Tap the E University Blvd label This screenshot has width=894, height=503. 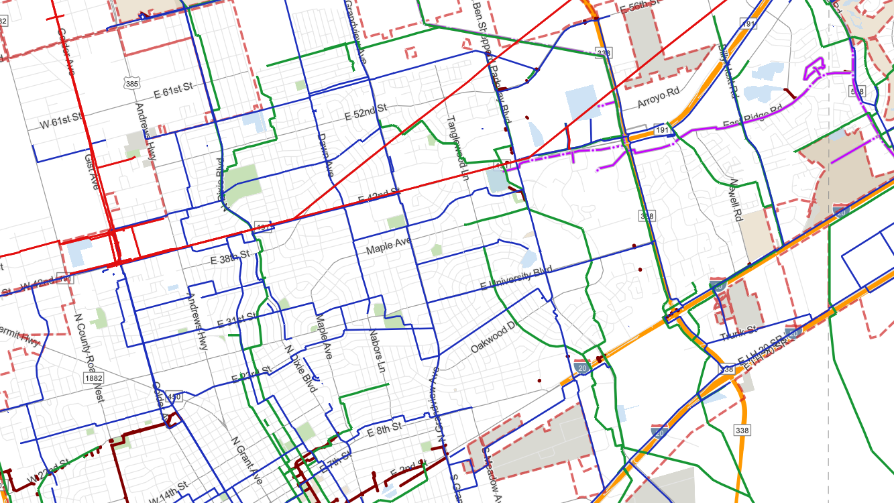pyautogui.click(x=516, y=278)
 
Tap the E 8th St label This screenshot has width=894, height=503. pyautogui.click(x=384, y=428)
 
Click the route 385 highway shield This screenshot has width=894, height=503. pyautogui.click(x=132, y=83)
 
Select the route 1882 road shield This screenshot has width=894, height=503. pyautogui.click(x=95, y=379)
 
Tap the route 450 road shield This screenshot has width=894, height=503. pyautogui.click(x=174, y=398)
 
